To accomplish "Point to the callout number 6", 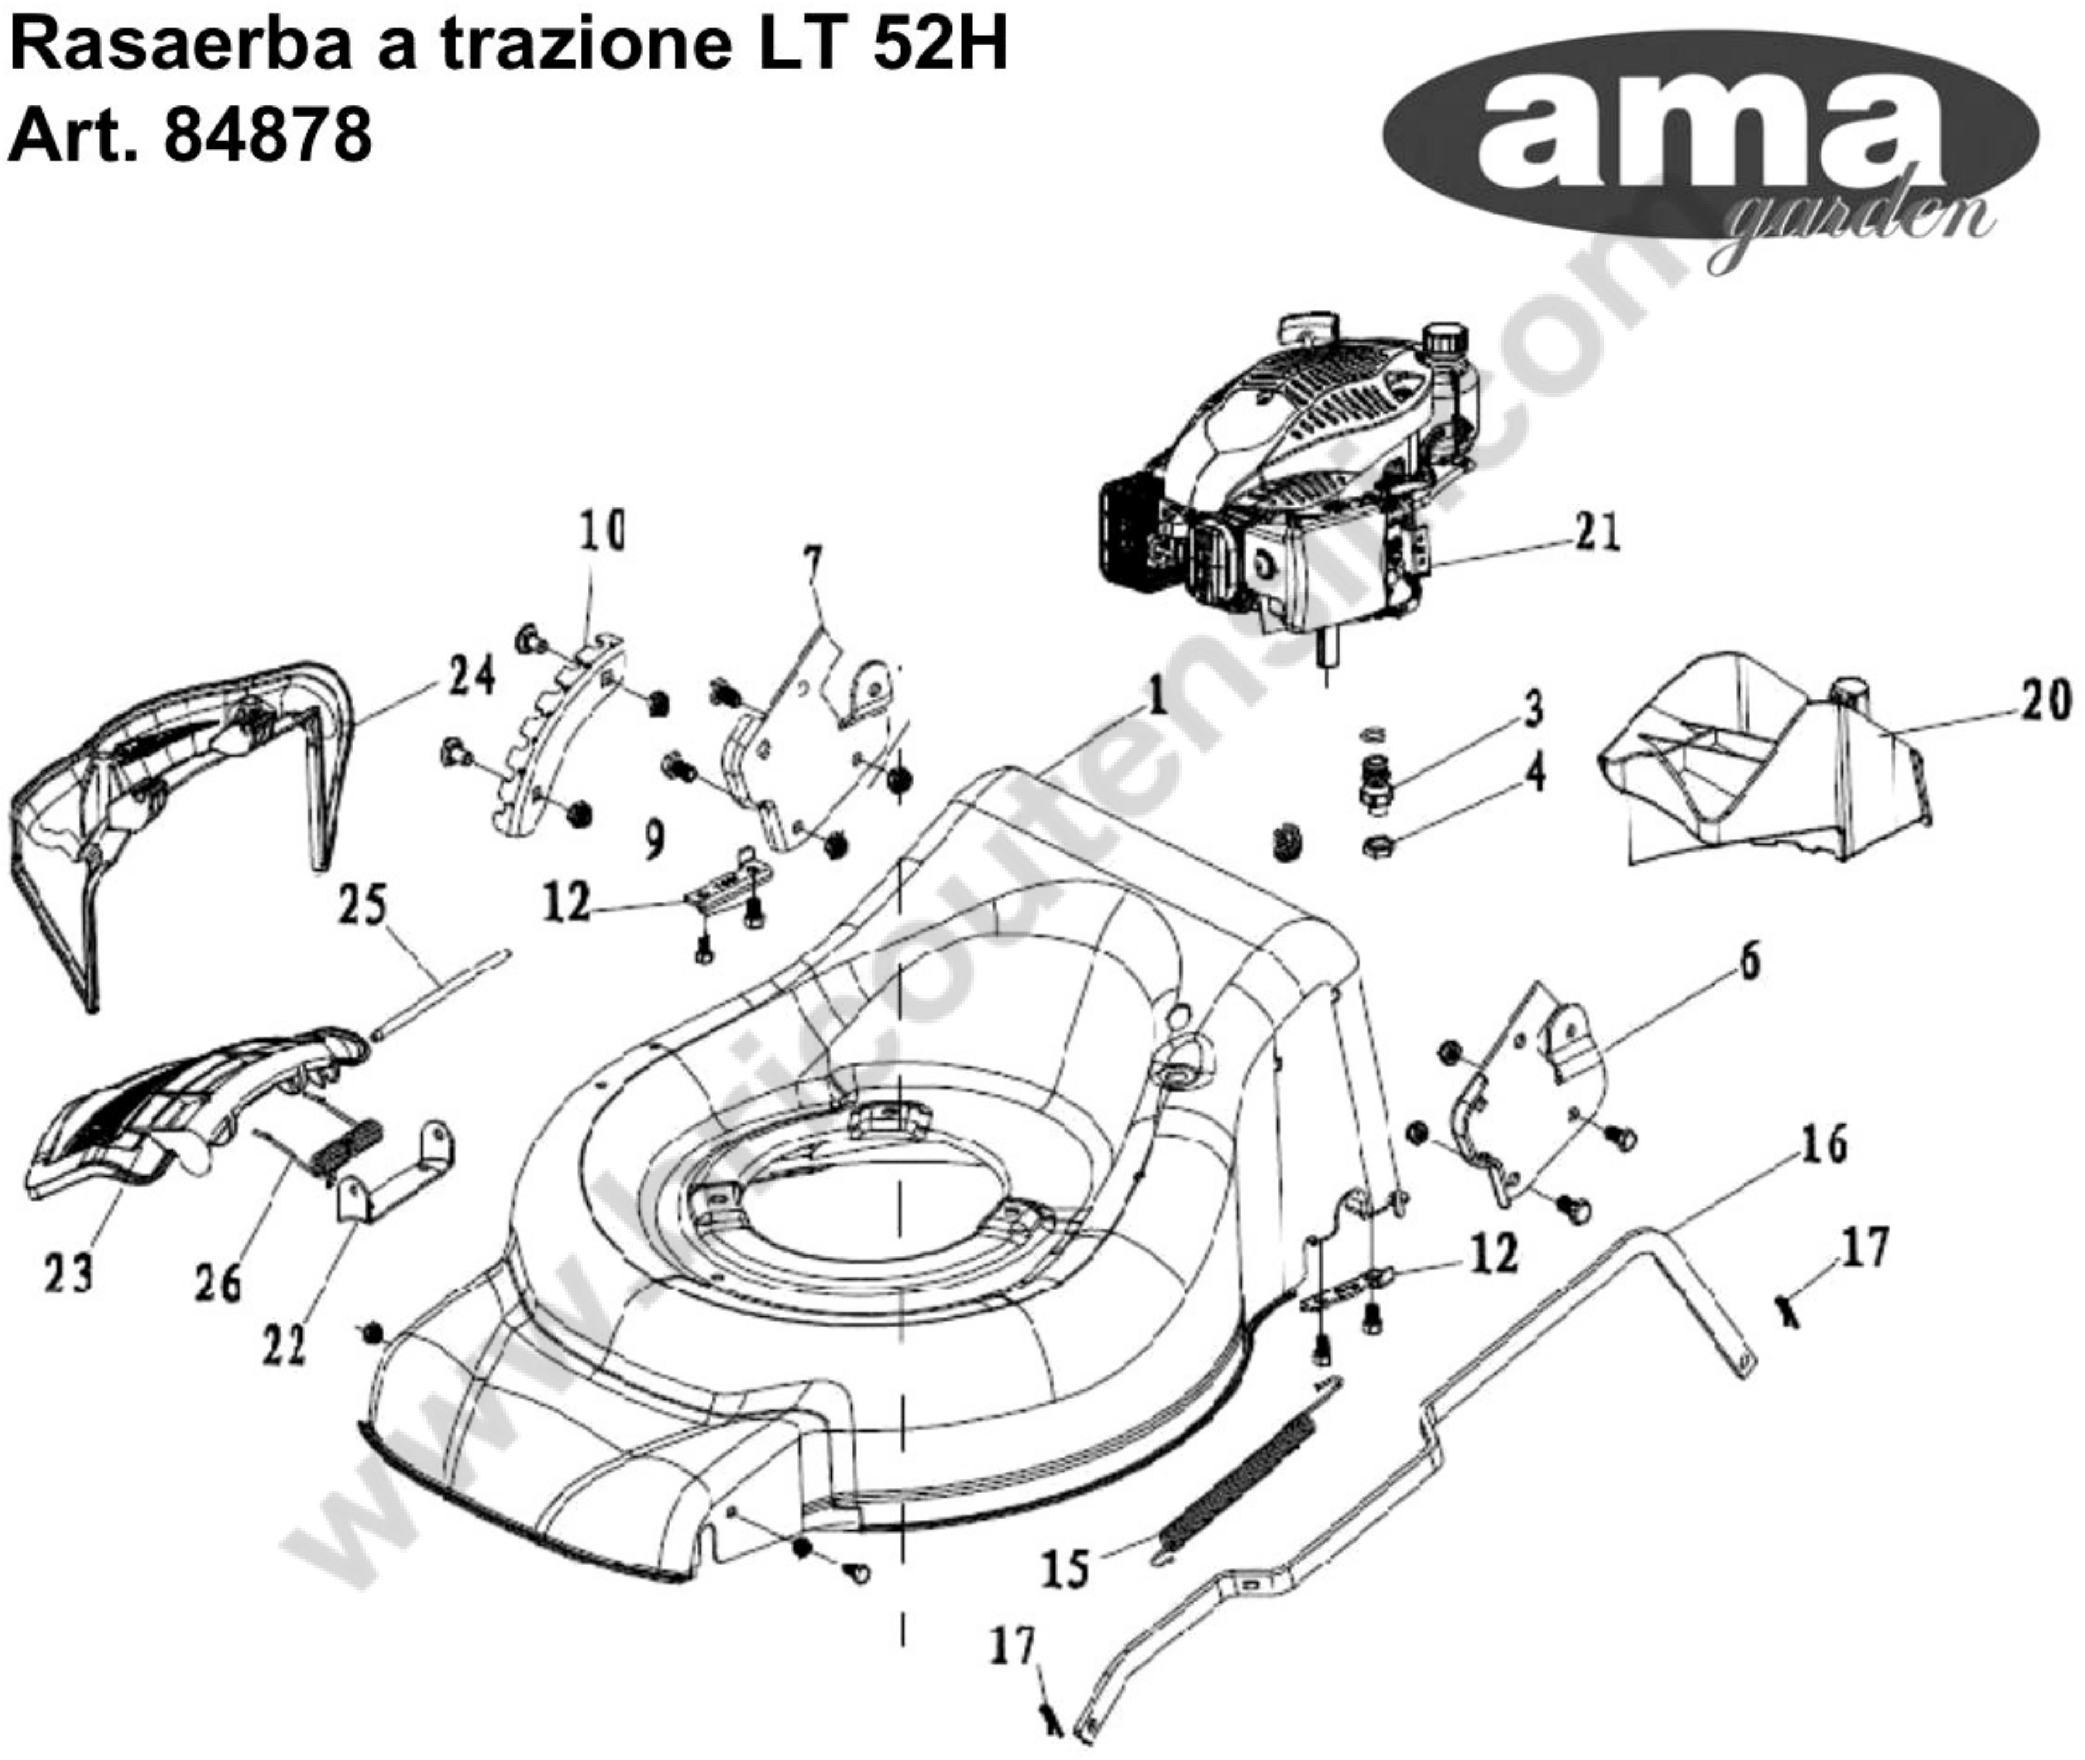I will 1750,960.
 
